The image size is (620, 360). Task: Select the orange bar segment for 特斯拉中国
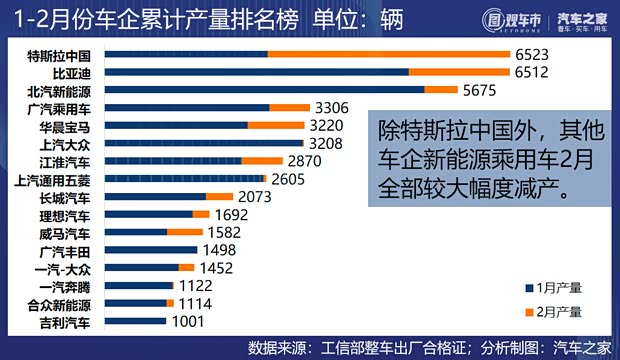pyautogui.click(x=389, y=54)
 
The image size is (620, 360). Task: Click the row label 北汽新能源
pyautogui.click(x=59, y=90)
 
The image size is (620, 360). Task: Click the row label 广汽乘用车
pyautogui.click(x=59, y=108)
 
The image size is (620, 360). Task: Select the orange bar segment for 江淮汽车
pyautogui.click(x=262, y=160)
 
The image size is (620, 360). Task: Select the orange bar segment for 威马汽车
pyautogui.click(x=184, y=232)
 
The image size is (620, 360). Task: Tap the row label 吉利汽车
pyautogui.click(x=64, y=322)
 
